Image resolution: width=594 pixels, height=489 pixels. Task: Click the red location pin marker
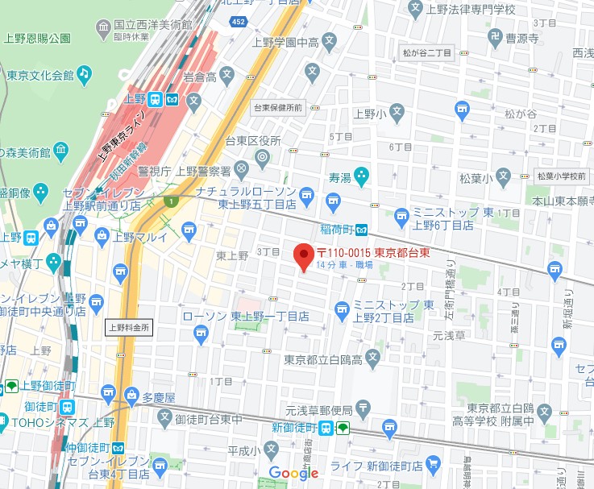tap(303, 256)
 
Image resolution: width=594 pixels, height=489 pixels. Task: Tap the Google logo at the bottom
tap(293, 473)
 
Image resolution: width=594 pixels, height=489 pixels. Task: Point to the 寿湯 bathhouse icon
tap(363, 173)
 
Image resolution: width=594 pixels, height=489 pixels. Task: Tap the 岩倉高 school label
tap(201, 77)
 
